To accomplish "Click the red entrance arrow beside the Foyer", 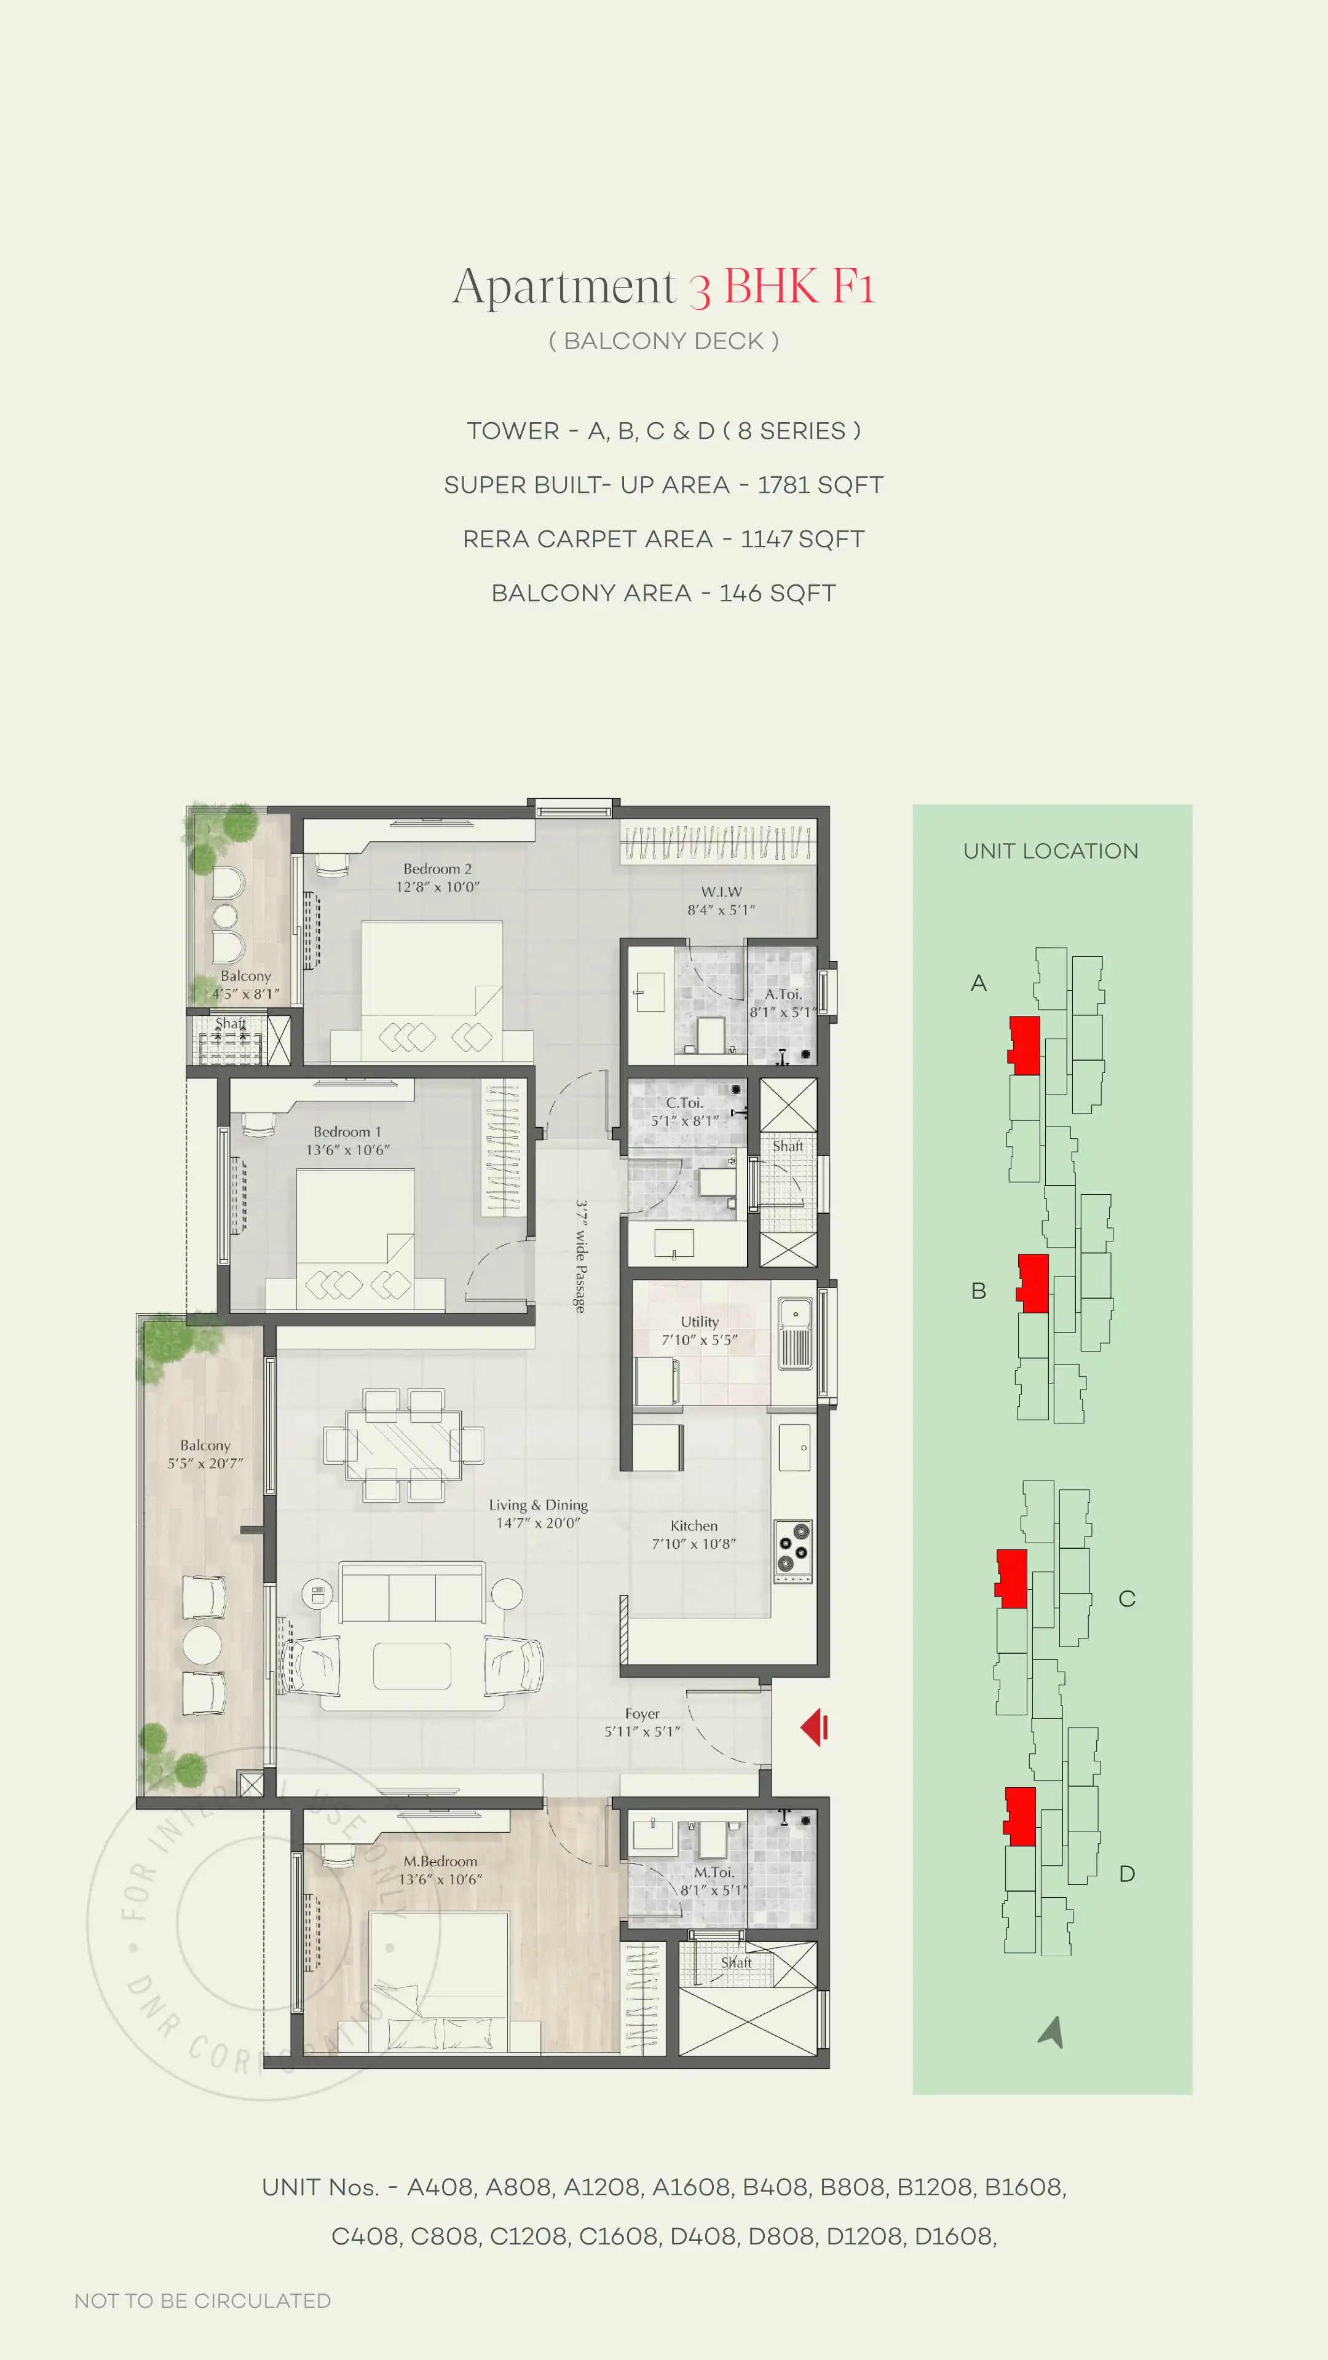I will tap(814, 1728).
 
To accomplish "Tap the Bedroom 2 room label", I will tap(437, 868).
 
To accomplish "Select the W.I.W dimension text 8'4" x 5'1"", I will tap(721, 910).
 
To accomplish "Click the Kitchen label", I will tap(694, 1525).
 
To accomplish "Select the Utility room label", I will tap(699, 1321).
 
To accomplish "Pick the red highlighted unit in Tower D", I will tap(1020, 1816).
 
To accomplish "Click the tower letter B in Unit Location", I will tap(979, 1291).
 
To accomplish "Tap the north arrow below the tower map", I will tap(1052, 2031).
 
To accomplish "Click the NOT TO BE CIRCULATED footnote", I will tap(202, 2300).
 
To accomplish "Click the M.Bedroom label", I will tap(440, 1861).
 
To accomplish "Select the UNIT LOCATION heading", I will tap(1050, 851).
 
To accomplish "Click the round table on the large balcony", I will tap(202, 1645).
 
